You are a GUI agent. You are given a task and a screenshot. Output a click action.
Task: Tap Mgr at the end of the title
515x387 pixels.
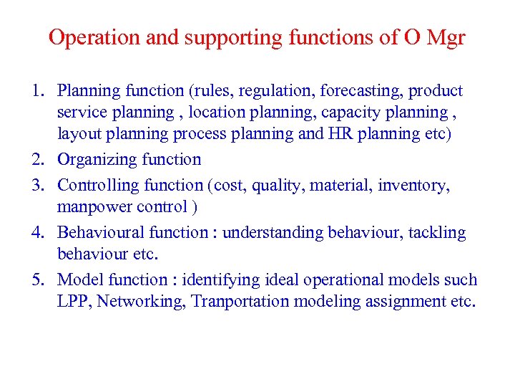(445, 38)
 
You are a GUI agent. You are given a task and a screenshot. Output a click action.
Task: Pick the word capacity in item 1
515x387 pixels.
(373, 113)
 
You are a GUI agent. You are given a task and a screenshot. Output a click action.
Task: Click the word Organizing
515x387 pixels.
(98, 160)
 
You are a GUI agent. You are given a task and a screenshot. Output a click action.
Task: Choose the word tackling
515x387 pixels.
(437, 233)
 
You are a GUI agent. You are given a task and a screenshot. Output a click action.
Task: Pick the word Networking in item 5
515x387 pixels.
(142, 302)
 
